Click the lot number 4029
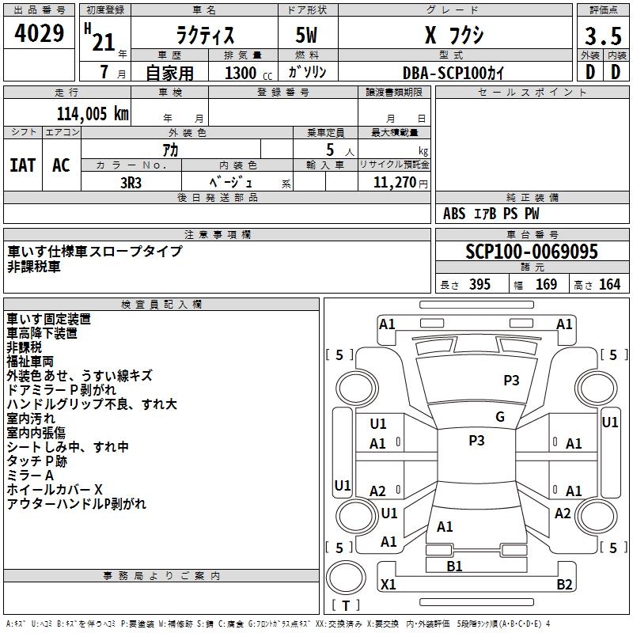pyautogui.click(x=39, y=33)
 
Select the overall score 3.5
pyautogui.click(x=603, y=36)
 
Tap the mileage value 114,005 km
pyautogui.click(x=93, y=114)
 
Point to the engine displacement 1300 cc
pyautogui.click(x=248, y=73)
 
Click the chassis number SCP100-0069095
pyautogui.click(x=532, y=252)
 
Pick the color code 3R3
pyautogui.click(x=131, y=183)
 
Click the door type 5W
pyautogui.click(x=306, y=35)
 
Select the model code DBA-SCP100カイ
pyautogui.click(x=453, y=73)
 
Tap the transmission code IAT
pyautogui.click(x=23, y=165)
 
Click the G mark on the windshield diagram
pyautogui.click(x=500, y=417)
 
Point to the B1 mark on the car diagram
pyautogui.click(x=454, y=567)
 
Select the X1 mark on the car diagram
pyautogui.click(x=388, y=584)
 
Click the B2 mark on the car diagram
pyautogui.click(x=564, y=584)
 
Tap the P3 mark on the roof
pyautogui.click(x=476, y=441)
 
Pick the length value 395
pyautogui.click(x=479, y=285)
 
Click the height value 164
pyautogui.click(x=609, y=285)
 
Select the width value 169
pyautogui.click(x=546, y=285)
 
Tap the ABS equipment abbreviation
pyautogui.click(x=454, y=214)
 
